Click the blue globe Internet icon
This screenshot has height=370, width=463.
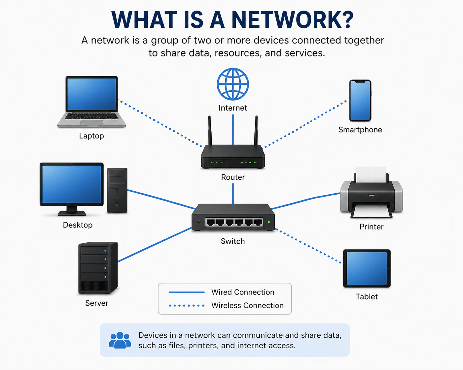pos(232,84)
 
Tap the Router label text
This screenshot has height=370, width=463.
pos(233,177)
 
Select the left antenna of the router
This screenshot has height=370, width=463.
pos(210,131)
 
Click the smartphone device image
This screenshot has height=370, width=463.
pos(360,101)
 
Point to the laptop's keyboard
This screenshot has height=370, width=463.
pos(91,116)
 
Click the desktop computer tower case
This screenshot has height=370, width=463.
pos(117,190)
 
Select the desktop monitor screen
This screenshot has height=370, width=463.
pos(72,184)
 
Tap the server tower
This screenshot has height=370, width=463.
pos(98,268)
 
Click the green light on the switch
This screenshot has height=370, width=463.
pos(269,222)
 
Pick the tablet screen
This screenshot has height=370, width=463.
pos(367,268)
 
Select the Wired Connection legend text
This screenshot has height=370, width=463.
pos(243,292)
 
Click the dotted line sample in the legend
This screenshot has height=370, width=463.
pos(187,306)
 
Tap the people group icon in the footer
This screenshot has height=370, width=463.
pos(120,340)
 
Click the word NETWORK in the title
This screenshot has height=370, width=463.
pos(292,20)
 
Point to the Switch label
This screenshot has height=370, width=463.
pos(233,241)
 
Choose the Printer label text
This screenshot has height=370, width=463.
pos(372,227)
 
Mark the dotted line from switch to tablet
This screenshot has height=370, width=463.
pos(308,246)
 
